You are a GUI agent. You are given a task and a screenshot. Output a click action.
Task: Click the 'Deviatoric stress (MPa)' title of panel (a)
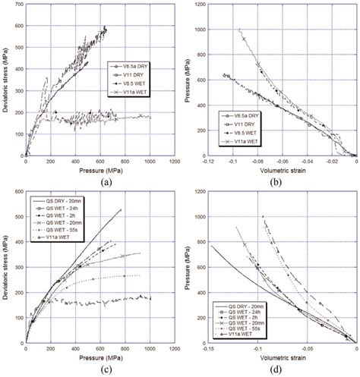[5, 80]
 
